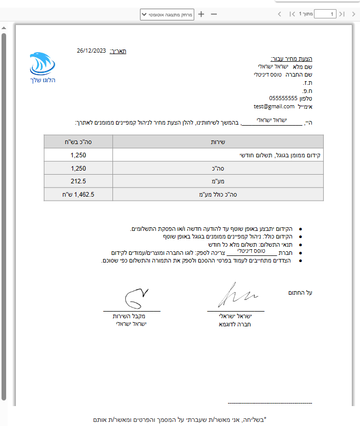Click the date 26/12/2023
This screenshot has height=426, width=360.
point(92,51)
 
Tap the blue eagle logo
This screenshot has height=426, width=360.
point(42,64)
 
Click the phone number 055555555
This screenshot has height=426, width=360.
point(283,98)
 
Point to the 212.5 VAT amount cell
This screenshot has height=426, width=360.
point(78,181)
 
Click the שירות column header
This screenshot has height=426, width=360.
point(218,141)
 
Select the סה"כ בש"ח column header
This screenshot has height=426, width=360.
point(78,141)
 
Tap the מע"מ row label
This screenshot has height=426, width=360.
point(218,181)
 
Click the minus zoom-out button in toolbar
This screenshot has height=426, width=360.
point(214,14)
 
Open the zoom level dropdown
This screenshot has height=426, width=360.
point(167,14)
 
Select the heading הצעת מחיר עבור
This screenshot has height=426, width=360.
point(290,59)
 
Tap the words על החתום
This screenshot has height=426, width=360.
point(300,293)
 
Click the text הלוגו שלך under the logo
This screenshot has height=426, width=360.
point(42,80)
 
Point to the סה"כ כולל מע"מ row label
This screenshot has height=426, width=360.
point(218,194)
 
